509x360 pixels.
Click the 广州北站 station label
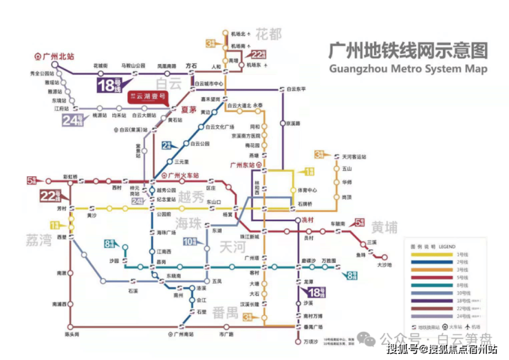pos(59,56)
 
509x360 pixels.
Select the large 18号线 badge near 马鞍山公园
pos(109,85)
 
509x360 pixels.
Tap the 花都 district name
pos(268,34)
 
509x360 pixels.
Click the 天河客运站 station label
pos(346,156)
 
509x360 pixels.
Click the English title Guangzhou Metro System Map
pos(408,69)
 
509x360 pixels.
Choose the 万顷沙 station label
pos(312,341)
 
